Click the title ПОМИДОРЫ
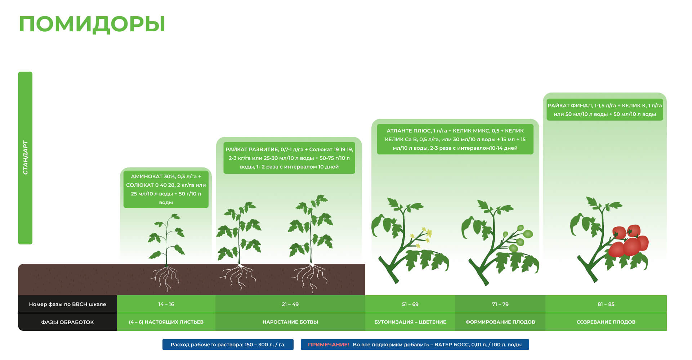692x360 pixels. (92, 24)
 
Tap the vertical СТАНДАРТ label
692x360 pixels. (25, 158)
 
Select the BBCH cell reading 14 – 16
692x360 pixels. (166, 304)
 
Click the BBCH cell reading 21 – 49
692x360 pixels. (290, 304)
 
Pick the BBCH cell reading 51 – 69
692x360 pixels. (410, 304)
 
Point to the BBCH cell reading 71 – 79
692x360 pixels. (500, 304)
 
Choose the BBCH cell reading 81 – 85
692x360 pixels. (606, 304)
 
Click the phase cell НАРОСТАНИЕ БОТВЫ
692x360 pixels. (290, 322)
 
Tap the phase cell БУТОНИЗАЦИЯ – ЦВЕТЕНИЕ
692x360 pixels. (410, 322)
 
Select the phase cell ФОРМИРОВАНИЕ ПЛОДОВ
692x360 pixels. (500, 322)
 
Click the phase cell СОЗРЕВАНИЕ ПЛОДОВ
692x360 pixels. (606, 322)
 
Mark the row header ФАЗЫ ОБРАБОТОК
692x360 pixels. (67, 322)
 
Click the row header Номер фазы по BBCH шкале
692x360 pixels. (67, 304)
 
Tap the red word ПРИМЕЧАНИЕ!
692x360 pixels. (329, 345)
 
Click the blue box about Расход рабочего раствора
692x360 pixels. (228, 345)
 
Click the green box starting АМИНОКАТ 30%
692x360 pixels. (166, 189)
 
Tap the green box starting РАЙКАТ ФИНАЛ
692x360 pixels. (605, 110)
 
